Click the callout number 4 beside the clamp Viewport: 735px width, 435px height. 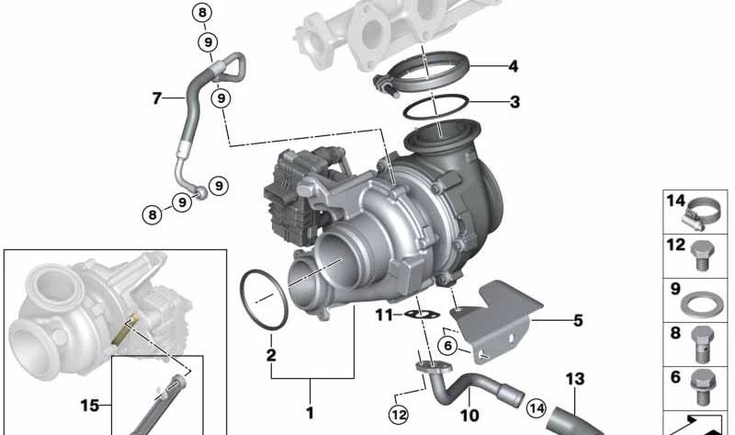click(x=514, y=66)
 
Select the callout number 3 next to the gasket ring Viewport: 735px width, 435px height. click(x=514, y=101)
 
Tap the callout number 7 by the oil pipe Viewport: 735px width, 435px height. click(x=157, y=98)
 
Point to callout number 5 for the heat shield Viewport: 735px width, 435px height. click(x=578, y=320)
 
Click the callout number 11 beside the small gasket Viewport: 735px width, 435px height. click(x=384, y=315)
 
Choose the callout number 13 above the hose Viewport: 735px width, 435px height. click(x=575, y=379)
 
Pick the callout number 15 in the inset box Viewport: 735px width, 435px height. click(x=89, y=405)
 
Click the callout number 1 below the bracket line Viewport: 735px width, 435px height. click(x=310, y=413)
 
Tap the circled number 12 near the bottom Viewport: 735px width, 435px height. click(x=399, y=415)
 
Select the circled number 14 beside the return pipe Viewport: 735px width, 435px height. click(x=537, y=408)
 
